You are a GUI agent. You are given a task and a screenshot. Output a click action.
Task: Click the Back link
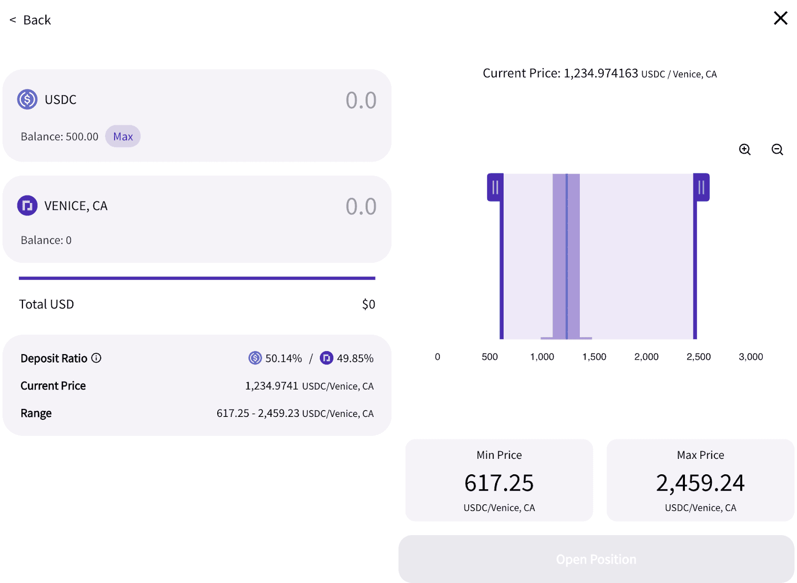(x=31, y=20)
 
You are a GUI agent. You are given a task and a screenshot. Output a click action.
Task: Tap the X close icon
(x=780, y=18)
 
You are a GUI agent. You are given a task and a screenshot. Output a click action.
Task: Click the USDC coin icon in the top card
(x=27, y=99)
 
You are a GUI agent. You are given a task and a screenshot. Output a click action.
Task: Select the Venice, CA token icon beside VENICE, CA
(x=27, y=205)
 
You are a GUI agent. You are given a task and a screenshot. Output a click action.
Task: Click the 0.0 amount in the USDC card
(x=361, y=100)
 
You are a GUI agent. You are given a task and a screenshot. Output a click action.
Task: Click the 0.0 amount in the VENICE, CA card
(x=361, y=206)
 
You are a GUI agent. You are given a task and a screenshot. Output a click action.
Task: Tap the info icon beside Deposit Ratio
(x=97, y=358)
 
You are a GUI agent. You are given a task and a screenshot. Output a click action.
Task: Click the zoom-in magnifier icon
(x=745, y=150)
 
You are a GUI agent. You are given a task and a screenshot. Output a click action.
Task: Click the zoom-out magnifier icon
(x=777, y=150)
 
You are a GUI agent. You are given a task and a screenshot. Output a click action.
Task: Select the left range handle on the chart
(x=495, y=188)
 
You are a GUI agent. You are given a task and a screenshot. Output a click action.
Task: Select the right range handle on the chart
(x=701, y=188)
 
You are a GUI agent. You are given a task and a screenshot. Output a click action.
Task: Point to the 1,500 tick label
(x=594, y=357)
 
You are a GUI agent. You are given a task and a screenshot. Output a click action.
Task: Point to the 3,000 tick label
(x=751, y=357)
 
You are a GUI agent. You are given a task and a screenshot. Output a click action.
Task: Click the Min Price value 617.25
(x=499, y=483)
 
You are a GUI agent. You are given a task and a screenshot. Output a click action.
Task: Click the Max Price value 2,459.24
(x=700, y=483)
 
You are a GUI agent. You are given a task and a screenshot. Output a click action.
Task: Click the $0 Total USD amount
(x=369, y=304)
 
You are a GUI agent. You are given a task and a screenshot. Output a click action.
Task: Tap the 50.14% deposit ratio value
(x=283, y=358)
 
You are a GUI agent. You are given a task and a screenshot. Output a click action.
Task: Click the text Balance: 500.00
(x=60, y=137)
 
